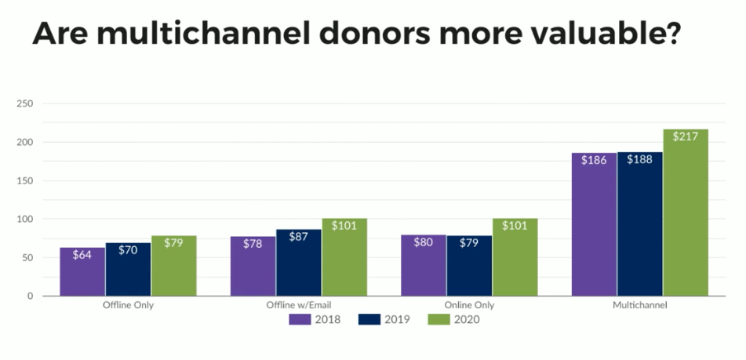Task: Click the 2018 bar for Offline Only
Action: pos(82,271)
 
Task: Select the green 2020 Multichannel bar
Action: pos(685,213)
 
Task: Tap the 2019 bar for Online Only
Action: pos(469,266)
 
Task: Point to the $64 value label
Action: pos(82,255)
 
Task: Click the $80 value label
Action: pos(424,242)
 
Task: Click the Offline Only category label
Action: pos(128,305)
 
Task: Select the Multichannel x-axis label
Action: pos(640,305)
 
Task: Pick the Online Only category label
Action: pos(469,305)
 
